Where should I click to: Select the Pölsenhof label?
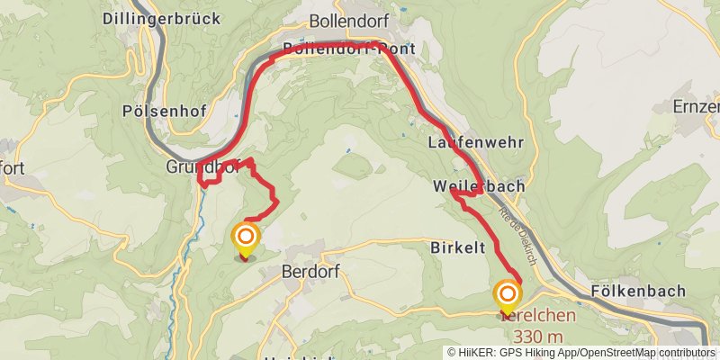[x=163, y=112]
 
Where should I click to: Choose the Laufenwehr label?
[x=463, y=142]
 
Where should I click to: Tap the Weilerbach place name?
[x=478, y=186]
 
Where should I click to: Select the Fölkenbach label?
[x=639, y=291]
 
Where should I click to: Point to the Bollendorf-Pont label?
[x=348, y=50]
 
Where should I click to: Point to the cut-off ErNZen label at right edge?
[x=697, y=106]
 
